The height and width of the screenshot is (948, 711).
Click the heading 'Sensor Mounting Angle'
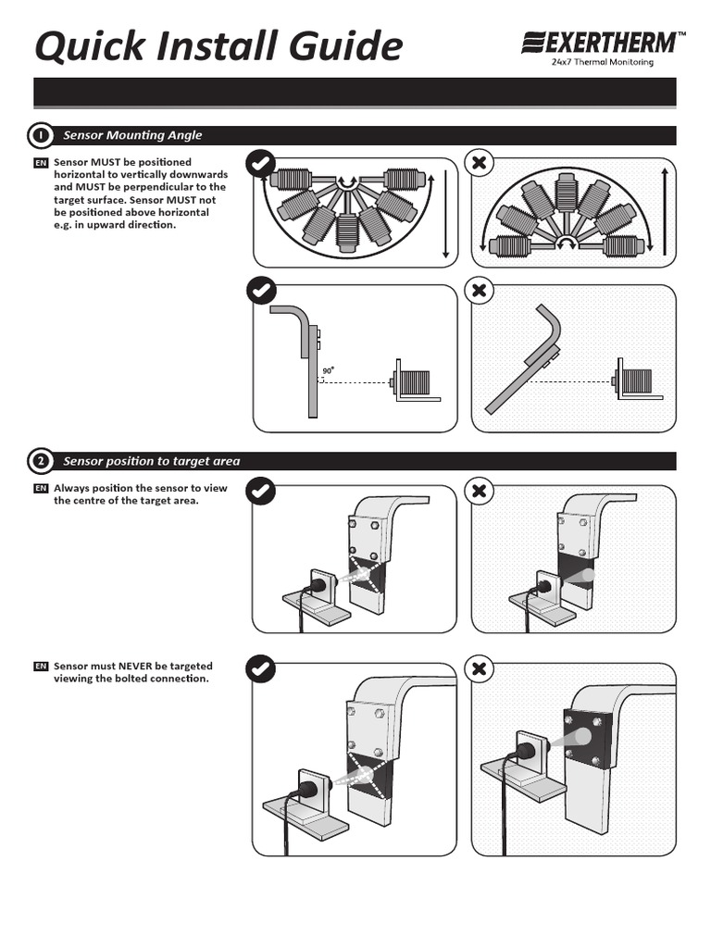click(x=132, y=135)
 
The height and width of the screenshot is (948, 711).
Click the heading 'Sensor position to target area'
click(x=151, y=461)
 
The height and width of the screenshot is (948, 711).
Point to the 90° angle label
click(x=327, y=371)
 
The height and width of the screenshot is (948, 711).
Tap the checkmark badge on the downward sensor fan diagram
click(x=260, y=164)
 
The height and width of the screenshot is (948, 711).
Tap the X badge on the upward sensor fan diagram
click(x=479, y=164)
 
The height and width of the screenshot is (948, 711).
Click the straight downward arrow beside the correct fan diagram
click(x=445, y=212)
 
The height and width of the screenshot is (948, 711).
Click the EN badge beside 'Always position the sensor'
click(x=41, y=488)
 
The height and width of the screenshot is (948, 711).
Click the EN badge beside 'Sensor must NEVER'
click(x=41, y=666)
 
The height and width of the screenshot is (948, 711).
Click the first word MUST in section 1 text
click(x=106, y=163)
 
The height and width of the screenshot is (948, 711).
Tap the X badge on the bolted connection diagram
click(x=479, y=668)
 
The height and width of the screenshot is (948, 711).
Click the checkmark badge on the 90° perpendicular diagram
click(x=260, y=291)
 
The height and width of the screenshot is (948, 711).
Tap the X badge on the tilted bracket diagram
click(x=479, y=291)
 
